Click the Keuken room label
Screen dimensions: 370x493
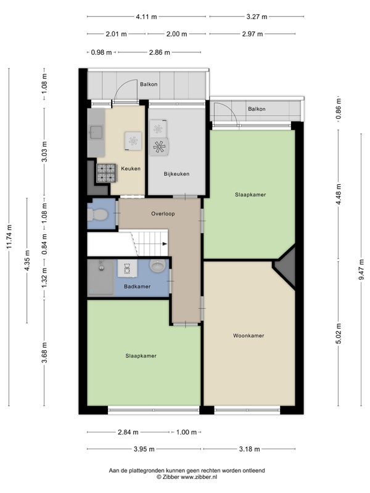(131, 168)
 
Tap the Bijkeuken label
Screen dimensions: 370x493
(176, 174)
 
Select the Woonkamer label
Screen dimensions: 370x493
(249, 335)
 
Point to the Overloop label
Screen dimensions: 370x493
(163, 213)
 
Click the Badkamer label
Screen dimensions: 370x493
(137, 287)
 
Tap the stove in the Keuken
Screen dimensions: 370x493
(106, 173)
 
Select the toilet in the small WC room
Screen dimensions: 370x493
(97, 214)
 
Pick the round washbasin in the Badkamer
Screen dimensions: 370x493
(158, 266)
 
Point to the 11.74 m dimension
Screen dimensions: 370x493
(9, 237)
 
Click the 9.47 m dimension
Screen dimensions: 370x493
(361, 269)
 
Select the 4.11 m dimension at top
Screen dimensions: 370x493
(146, 17)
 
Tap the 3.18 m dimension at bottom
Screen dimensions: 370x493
(250, 449)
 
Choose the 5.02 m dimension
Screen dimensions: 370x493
(339, 333)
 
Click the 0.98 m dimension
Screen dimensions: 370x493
(101, 52)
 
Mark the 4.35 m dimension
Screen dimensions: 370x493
(27, 260)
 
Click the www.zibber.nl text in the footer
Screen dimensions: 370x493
(199, 477)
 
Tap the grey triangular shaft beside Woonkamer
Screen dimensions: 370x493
(287, 267)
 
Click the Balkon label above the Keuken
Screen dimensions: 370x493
(149, 84)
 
